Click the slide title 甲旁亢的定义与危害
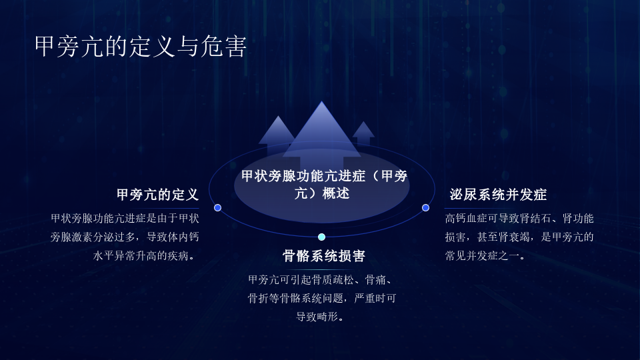point(141,47)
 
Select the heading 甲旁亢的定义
point(157,195)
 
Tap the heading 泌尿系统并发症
point(498,195)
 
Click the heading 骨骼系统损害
point(324,256)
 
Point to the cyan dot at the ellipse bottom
point(321,237)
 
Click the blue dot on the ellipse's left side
point(217,208)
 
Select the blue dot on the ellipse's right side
point(425,208)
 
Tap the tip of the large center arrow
point(321,101)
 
